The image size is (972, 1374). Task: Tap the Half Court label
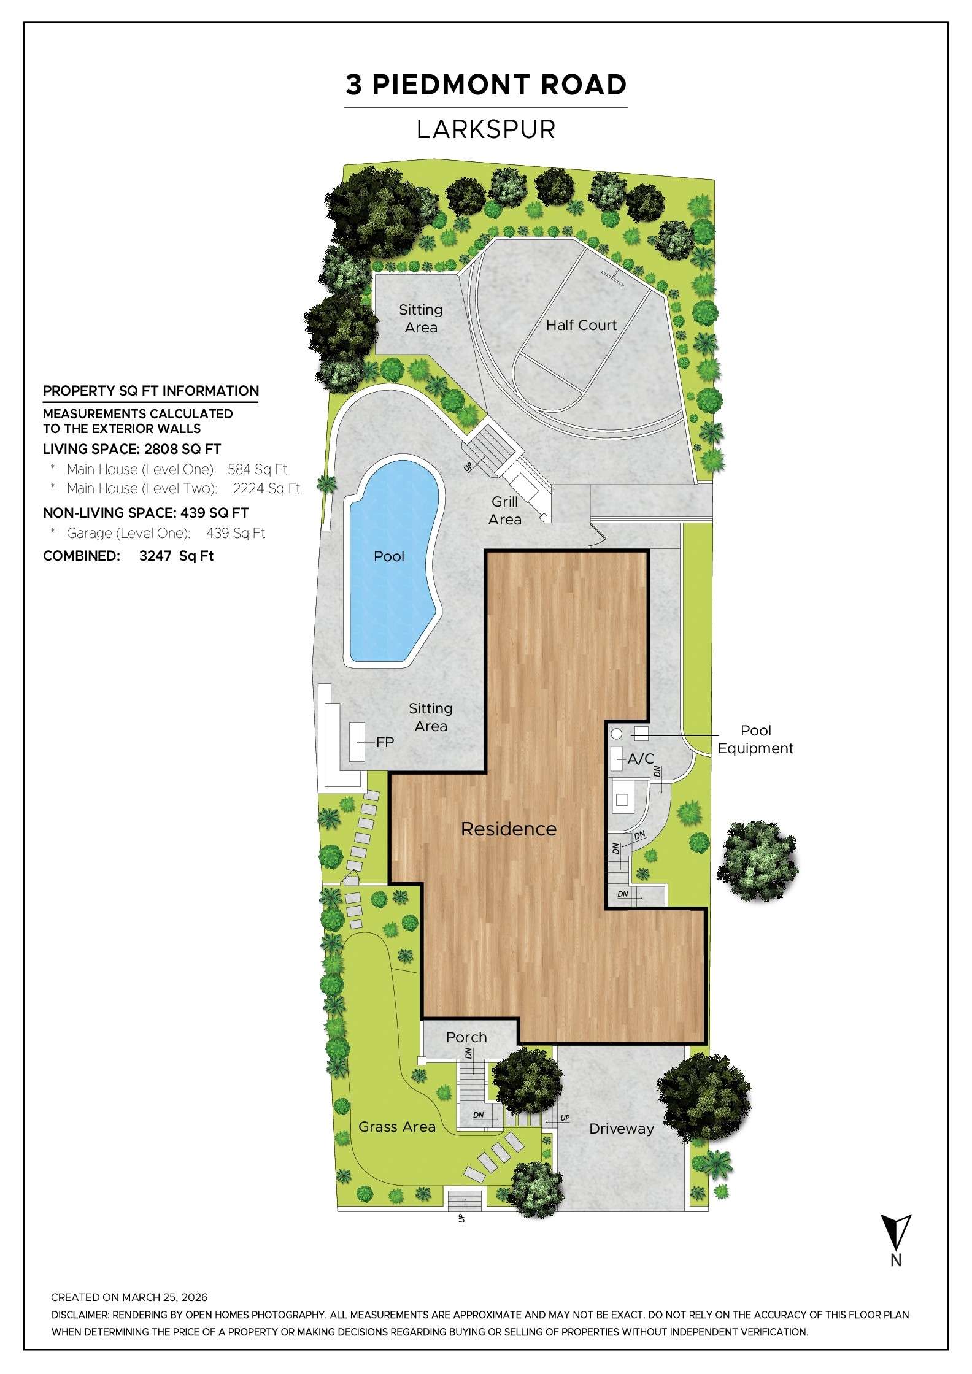pos(581,325)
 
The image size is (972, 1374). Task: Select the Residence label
pos(509,829)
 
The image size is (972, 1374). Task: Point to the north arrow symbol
pos(896,1232)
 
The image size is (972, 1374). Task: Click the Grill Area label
pos(505,510)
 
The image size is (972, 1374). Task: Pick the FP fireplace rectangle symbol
pos(357,742)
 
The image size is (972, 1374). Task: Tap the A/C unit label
pos(641,759)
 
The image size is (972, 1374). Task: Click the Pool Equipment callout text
pos(755,739)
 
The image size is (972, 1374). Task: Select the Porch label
pos(466,1037)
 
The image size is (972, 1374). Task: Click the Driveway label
pos(621,1129)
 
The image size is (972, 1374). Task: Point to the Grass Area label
pos(397,1127)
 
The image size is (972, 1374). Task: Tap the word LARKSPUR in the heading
pos(486,129)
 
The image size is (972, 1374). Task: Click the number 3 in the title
pos(353,85)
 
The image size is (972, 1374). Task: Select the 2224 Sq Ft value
pos(266,488)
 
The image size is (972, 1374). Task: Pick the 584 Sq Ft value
pos(257,469)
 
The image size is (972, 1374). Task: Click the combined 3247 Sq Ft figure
pos(176,556)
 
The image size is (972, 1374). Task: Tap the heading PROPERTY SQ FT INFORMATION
pos(151,391)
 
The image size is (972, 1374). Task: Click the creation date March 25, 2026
pos(164,1297)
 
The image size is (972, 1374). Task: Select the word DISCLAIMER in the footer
pos(80,1315)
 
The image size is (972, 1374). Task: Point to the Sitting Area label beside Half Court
pos(421,318)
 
